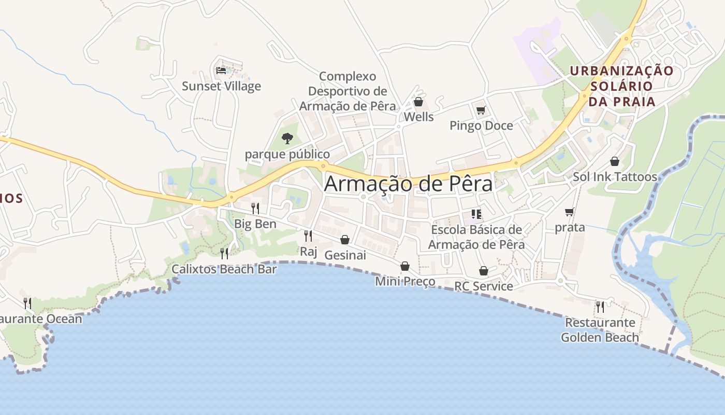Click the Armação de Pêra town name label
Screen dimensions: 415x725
click(x=408, y=184)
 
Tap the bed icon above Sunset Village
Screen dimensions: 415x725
click(x=221, y=70)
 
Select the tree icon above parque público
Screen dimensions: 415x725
click(x=287, y=138)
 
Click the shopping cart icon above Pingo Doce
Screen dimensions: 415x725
click(x=481, y=110)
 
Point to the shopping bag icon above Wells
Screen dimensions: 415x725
click(x=418, y=102)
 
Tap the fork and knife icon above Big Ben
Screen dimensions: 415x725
click(x=255, y=209)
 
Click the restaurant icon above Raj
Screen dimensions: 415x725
click(x=308, y=236)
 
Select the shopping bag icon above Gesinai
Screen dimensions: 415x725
click(x=345, y=240)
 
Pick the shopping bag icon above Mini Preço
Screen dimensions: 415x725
click(x=404, y=266)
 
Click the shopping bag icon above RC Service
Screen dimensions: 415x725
click(x=483, y=271)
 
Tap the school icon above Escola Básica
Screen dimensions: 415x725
click(x=476, y=214)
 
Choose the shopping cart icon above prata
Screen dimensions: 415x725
click(x=570, y=212)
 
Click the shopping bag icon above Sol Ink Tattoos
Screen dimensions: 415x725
click(x=614, y=161)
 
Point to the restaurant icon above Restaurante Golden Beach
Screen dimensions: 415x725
click(x=600, y=307)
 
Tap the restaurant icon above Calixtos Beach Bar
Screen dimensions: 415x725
click(x=224, y=253)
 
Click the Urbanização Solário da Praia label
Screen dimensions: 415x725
click(x=621, y=86)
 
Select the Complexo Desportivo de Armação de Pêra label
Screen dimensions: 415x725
click(x=347, y=91)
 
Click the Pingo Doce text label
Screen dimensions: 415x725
click(x=481, y=126)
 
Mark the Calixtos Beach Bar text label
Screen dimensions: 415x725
click(x=224, y=269)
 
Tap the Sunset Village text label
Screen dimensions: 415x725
click(x=221, y=86)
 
